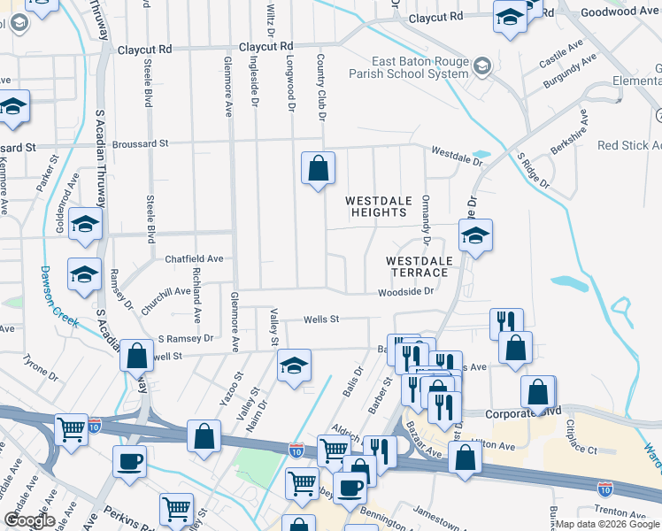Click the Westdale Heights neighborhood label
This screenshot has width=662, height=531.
[x=379, y=206]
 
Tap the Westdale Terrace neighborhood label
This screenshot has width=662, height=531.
[x=420, y=266]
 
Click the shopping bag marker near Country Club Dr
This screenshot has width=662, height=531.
[x=318, y=167]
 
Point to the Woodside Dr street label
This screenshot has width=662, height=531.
[x=406, y=291]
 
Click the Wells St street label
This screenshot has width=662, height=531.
[x=321, y=319]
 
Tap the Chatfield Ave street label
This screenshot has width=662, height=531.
[x=194, y=259]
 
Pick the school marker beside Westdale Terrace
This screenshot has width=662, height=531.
[x=475, y=235]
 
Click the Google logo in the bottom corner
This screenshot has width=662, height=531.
[x=30, y=520]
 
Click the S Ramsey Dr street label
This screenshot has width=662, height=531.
[x=186, y=338]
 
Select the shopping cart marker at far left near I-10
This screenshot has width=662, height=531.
[x=72, y=430]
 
